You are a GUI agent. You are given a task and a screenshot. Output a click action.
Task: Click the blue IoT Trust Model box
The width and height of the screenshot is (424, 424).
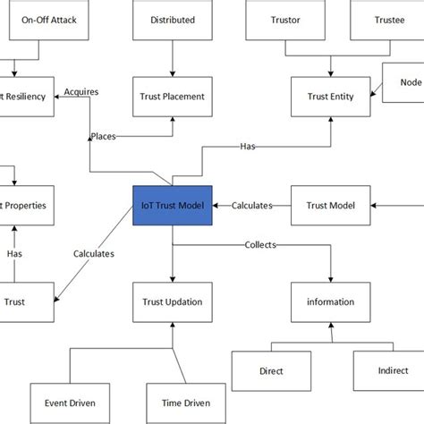(x=172, y=205)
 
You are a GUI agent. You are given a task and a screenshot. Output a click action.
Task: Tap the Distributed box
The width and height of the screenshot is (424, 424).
(x=172, y=20)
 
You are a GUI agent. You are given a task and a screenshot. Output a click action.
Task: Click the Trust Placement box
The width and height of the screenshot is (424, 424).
(x=172, y=96)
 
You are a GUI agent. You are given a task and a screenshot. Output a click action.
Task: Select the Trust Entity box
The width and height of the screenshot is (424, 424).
(x=331, y=96)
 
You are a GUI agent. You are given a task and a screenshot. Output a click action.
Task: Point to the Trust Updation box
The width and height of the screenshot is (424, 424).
(x=172, y=301)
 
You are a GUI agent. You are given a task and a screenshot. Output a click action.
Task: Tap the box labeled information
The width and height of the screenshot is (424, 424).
(x=331, y=301)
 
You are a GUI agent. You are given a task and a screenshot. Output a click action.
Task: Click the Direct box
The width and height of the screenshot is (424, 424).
(x=271, y=368)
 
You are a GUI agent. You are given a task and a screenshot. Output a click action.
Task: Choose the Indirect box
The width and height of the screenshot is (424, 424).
(x=386, y=368)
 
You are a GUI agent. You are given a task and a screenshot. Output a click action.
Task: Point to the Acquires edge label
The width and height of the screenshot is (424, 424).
(x=81, y=90)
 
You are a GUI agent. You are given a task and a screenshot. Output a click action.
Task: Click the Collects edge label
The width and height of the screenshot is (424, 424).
(x=260, y=244)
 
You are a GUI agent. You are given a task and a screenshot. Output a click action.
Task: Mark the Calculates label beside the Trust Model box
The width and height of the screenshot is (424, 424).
(x=251, y=206)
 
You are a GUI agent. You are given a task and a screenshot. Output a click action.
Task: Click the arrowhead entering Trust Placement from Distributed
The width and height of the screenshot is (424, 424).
(x=172, y=74)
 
